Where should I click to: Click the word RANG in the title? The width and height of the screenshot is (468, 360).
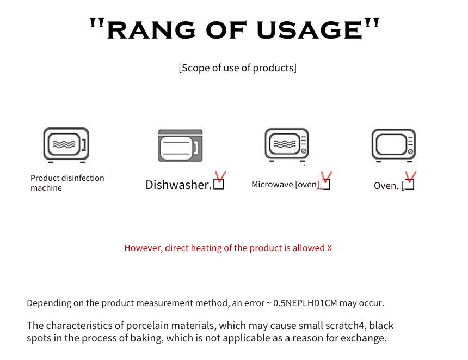[x=151, y=30]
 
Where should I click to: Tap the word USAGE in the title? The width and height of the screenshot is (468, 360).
[x=310, y=30]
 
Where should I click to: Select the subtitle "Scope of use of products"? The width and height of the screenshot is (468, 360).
[x=238, y=68]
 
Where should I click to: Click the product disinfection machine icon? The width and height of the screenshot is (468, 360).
[x=66, y=145]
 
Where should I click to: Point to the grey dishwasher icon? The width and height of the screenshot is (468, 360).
[x=180, y=145]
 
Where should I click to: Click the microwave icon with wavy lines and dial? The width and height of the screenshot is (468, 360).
[x=287, y=145]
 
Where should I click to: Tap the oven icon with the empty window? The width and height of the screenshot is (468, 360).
[x=393, y=145]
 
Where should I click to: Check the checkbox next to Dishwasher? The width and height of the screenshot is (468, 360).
[x=219, y=184]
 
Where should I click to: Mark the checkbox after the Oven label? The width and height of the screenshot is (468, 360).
[x=409, y=185]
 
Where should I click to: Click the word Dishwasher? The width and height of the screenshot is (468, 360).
[x=178, y=185]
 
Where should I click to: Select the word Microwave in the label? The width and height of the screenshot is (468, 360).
[x=272, y=184]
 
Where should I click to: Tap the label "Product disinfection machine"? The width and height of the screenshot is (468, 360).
[x=67, y=182]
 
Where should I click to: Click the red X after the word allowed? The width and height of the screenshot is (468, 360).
[x=329, y=248]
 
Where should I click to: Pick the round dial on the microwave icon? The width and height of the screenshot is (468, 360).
[x=304, y=151]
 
